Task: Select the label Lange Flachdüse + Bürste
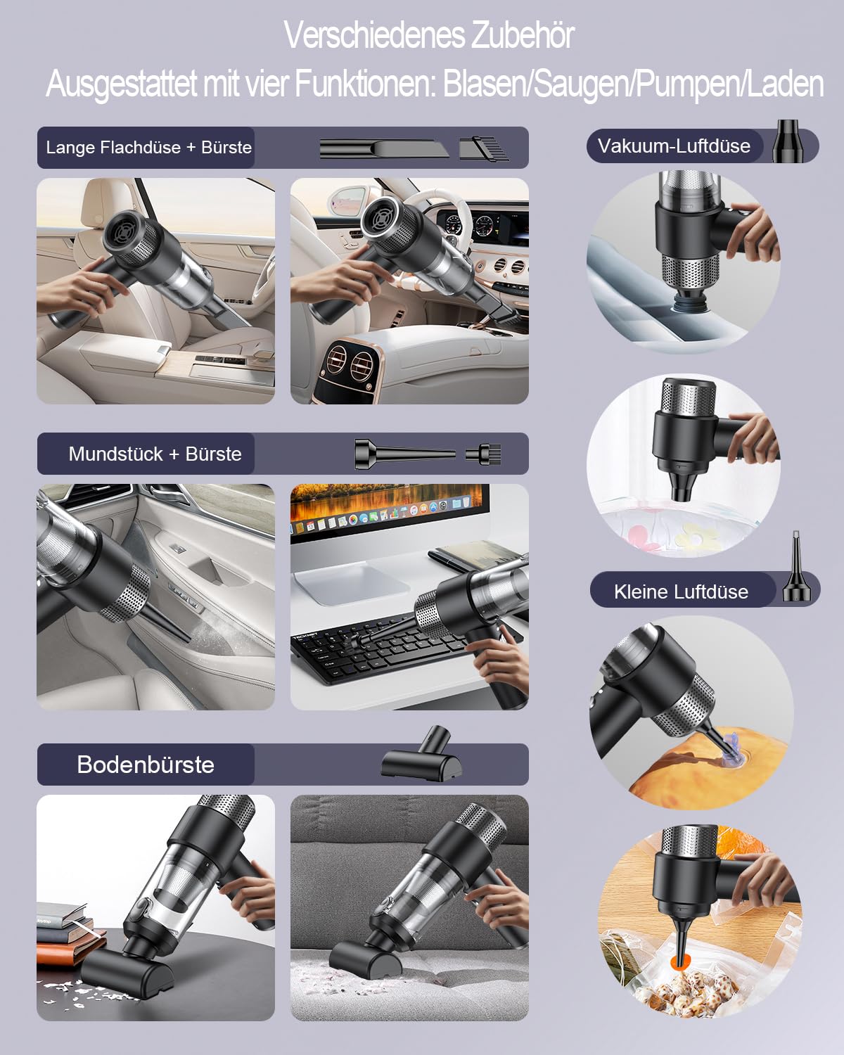click(x=148, y=147)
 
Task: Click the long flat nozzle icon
click(x=384, y=148)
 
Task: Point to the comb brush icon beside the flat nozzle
click(x=484, y=148)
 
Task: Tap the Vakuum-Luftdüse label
click(x=674, y=146)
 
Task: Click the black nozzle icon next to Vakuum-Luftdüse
click(x=788, y=141)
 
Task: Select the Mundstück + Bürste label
click(x=155, y=454)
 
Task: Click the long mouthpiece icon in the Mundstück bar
click(x=405, y=454)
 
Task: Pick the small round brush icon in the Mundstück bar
click(x=484, y=454)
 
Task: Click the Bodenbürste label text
click(x=146, y=765)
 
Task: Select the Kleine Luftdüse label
click(x=682, y=592)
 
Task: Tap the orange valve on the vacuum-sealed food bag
click(x=679, y=962)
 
